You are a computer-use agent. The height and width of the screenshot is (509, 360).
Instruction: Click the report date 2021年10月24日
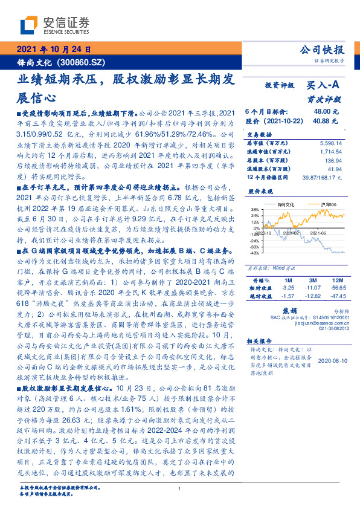pos(53,50)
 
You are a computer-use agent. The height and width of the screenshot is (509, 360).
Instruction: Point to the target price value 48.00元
pos(321,112)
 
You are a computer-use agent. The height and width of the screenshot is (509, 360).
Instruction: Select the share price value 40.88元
pos(321,121)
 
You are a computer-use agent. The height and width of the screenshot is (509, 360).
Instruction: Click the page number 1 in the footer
pos(179,490)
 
